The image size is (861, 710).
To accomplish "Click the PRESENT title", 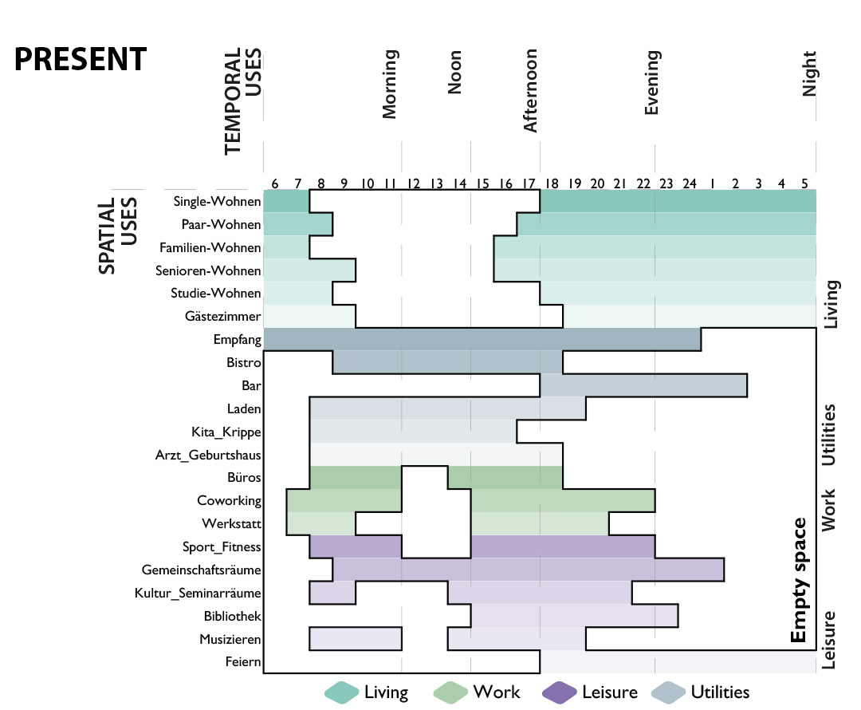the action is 81,59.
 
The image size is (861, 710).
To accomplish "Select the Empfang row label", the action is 238,340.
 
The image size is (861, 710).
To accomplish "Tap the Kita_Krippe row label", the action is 226,432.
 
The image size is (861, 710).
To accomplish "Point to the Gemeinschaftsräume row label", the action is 201,570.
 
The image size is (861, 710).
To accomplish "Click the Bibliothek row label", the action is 232,616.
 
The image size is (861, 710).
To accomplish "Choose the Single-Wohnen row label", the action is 217,202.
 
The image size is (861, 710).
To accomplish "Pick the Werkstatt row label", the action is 231,523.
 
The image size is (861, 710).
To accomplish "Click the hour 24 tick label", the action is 689,183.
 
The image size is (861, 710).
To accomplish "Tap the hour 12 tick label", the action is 413,183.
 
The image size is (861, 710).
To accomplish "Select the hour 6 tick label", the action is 274,183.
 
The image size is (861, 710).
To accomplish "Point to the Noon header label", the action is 454,72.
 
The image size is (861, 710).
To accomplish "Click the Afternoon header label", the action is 530,91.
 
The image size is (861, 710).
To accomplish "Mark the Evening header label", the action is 652,82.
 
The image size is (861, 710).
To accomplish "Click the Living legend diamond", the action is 342,692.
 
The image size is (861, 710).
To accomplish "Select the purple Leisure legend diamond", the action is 559,692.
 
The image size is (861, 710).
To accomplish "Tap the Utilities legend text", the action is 720,692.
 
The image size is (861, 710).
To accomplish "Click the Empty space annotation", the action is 799,580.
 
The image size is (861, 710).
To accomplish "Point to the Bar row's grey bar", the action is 643,385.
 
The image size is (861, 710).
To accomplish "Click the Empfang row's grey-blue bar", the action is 482,339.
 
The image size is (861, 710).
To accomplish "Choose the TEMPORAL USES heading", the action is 242,101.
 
